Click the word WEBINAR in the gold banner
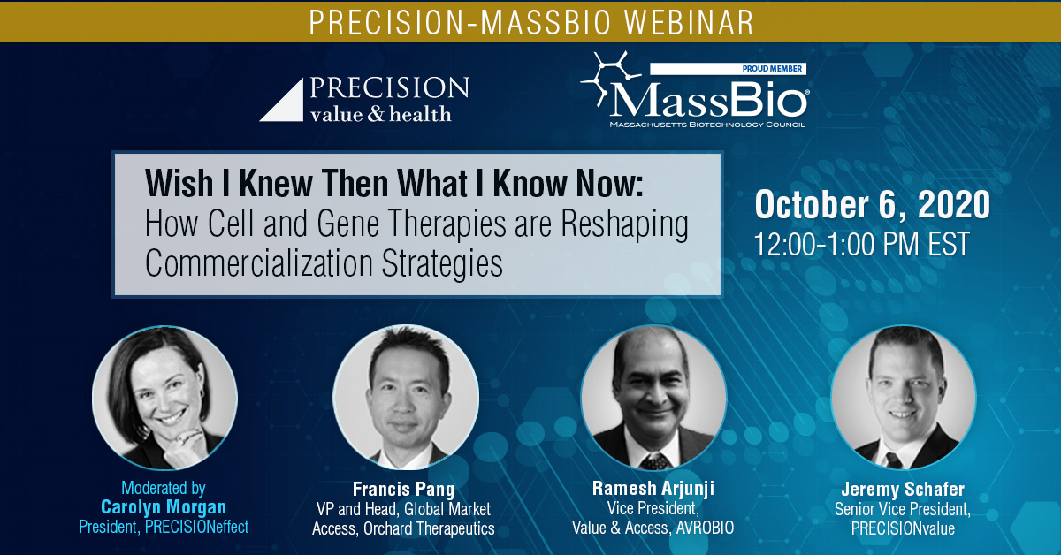(689, 22)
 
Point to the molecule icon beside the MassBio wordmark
(609, 78)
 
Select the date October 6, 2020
(872, 204)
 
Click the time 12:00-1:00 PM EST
(861, 244)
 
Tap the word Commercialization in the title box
(259, 263)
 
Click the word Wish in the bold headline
(179, 183)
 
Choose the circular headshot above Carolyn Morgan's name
(164, 398)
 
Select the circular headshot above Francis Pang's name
(406, 398)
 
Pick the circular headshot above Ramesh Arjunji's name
(653, 398)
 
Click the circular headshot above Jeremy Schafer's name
(904, 398)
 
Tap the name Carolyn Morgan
(164, 507)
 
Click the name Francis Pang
(403, 489)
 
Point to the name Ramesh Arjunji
(653, 488)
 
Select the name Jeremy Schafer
(903, 490)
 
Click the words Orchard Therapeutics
(429, 528)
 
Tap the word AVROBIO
(705, 528)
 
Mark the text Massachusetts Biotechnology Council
(707, 125)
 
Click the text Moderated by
(164, 488)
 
